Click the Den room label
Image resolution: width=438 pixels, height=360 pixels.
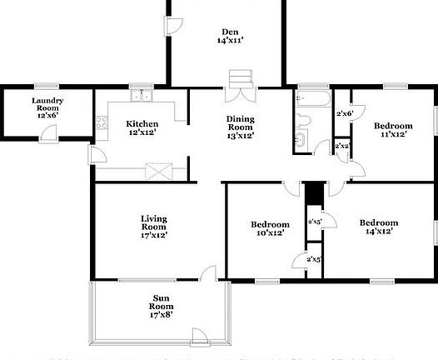(x=231, y=32)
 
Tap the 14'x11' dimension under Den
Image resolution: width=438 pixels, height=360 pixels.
(x=231, y=40)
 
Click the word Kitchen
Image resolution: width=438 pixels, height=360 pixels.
(x=142, y=122)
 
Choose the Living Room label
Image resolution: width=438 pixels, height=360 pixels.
(x=154, y=222)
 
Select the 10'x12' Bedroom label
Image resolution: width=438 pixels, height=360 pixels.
(x=271, y=225)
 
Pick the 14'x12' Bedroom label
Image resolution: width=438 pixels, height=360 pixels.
(x=379, y=222)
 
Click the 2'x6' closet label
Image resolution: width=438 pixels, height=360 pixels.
(x=344, y=113)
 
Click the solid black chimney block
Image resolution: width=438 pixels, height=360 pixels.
(x=313, y=192)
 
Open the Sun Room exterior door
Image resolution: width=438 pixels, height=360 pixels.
(x=201, y=337)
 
